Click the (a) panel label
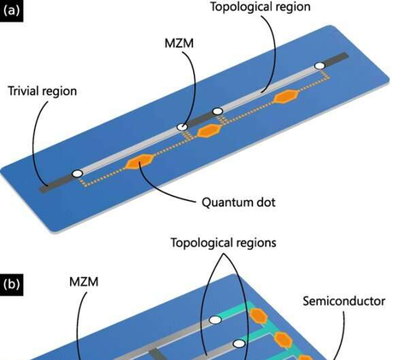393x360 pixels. click(14, 14)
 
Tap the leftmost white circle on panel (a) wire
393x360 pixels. click(77, 174)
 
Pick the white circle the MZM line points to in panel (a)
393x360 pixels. click(182, 127)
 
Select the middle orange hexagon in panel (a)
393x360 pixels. click(208, 131)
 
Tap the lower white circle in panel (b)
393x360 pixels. click(240, 344)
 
